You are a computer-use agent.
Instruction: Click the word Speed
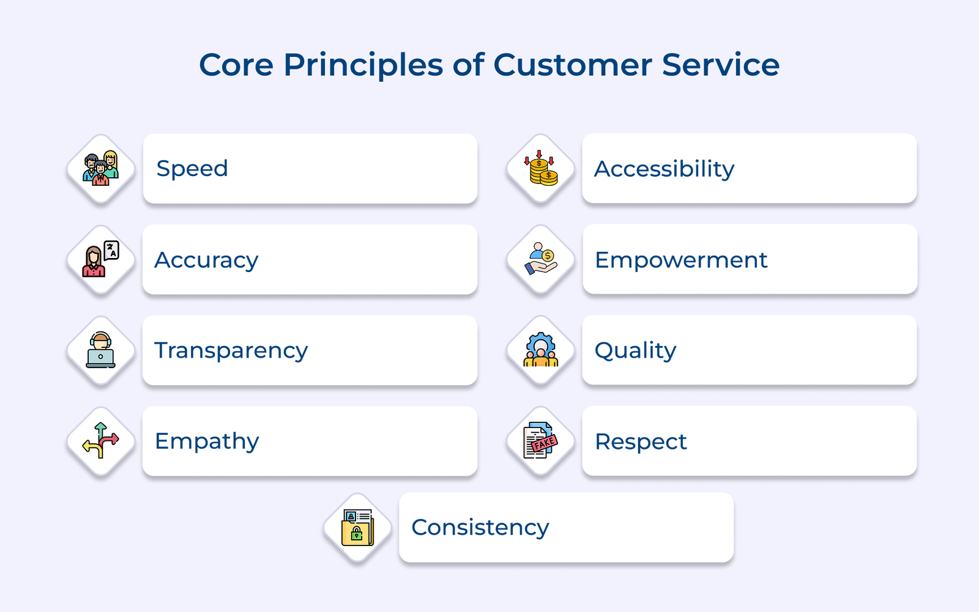click(192, 169)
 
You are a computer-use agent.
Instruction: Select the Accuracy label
click(206, 260)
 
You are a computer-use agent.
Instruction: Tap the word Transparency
click(231, 351)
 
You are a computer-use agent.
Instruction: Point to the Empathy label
click(207, 441)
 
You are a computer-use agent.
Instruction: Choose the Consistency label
click(480, 528)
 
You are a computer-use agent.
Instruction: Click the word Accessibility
click(664, 169)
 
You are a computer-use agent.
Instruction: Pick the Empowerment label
click(681, 260)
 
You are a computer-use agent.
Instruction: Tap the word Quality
click(635, 351)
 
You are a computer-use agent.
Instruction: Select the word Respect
click(641, 442)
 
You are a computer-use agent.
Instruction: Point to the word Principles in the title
click(363, 65)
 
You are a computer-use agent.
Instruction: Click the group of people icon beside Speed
click(101, 169)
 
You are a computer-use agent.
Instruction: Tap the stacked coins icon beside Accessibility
click(541, 169)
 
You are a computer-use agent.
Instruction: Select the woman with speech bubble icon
click(101, 260)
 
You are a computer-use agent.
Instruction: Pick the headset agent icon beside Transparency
click(101, 350)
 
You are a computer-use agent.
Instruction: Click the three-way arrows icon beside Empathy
click(101, 441)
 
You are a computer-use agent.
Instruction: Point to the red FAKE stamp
click(544, 443)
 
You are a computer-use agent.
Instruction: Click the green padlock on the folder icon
click(357, 534)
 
